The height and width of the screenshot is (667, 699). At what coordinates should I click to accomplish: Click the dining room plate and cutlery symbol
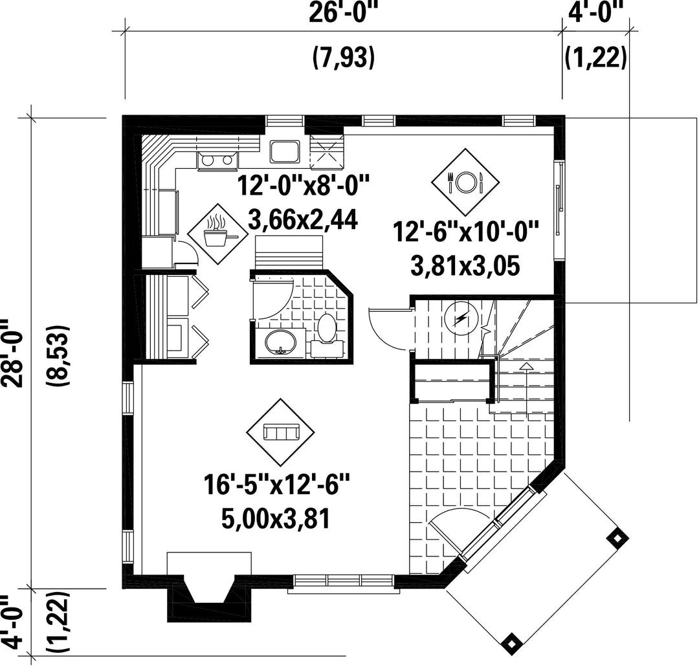pyautogui.click(x=465, y=182)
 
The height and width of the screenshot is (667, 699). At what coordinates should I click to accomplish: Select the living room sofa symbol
pyautogui.click(x=281, y=432)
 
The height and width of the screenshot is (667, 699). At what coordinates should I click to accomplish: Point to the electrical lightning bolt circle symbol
pyautogui.click(x=461, y=318)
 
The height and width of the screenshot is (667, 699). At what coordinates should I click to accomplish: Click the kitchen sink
pyautogui.click(x=285, y=151)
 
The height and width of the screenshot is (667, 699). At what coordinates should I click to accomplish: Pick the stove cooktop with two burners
pyautogui.click(x=217, y=160)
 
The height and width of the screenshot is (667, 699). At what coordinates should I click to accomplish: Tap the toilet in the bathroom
pyautogui.click(x=327, y=334)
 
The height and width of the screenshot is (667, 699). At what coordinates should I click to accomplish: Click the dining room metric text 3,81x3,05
pyautogui.click(x=465, y=267)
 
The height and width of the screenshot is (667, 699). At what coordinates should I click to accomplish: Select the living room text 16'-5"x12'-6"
pyautogui.click(x=276, y=485)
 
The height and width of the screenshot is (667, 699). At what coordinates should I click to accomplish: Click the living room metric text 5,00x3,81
pyautogui.click(x=275, y=519)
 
